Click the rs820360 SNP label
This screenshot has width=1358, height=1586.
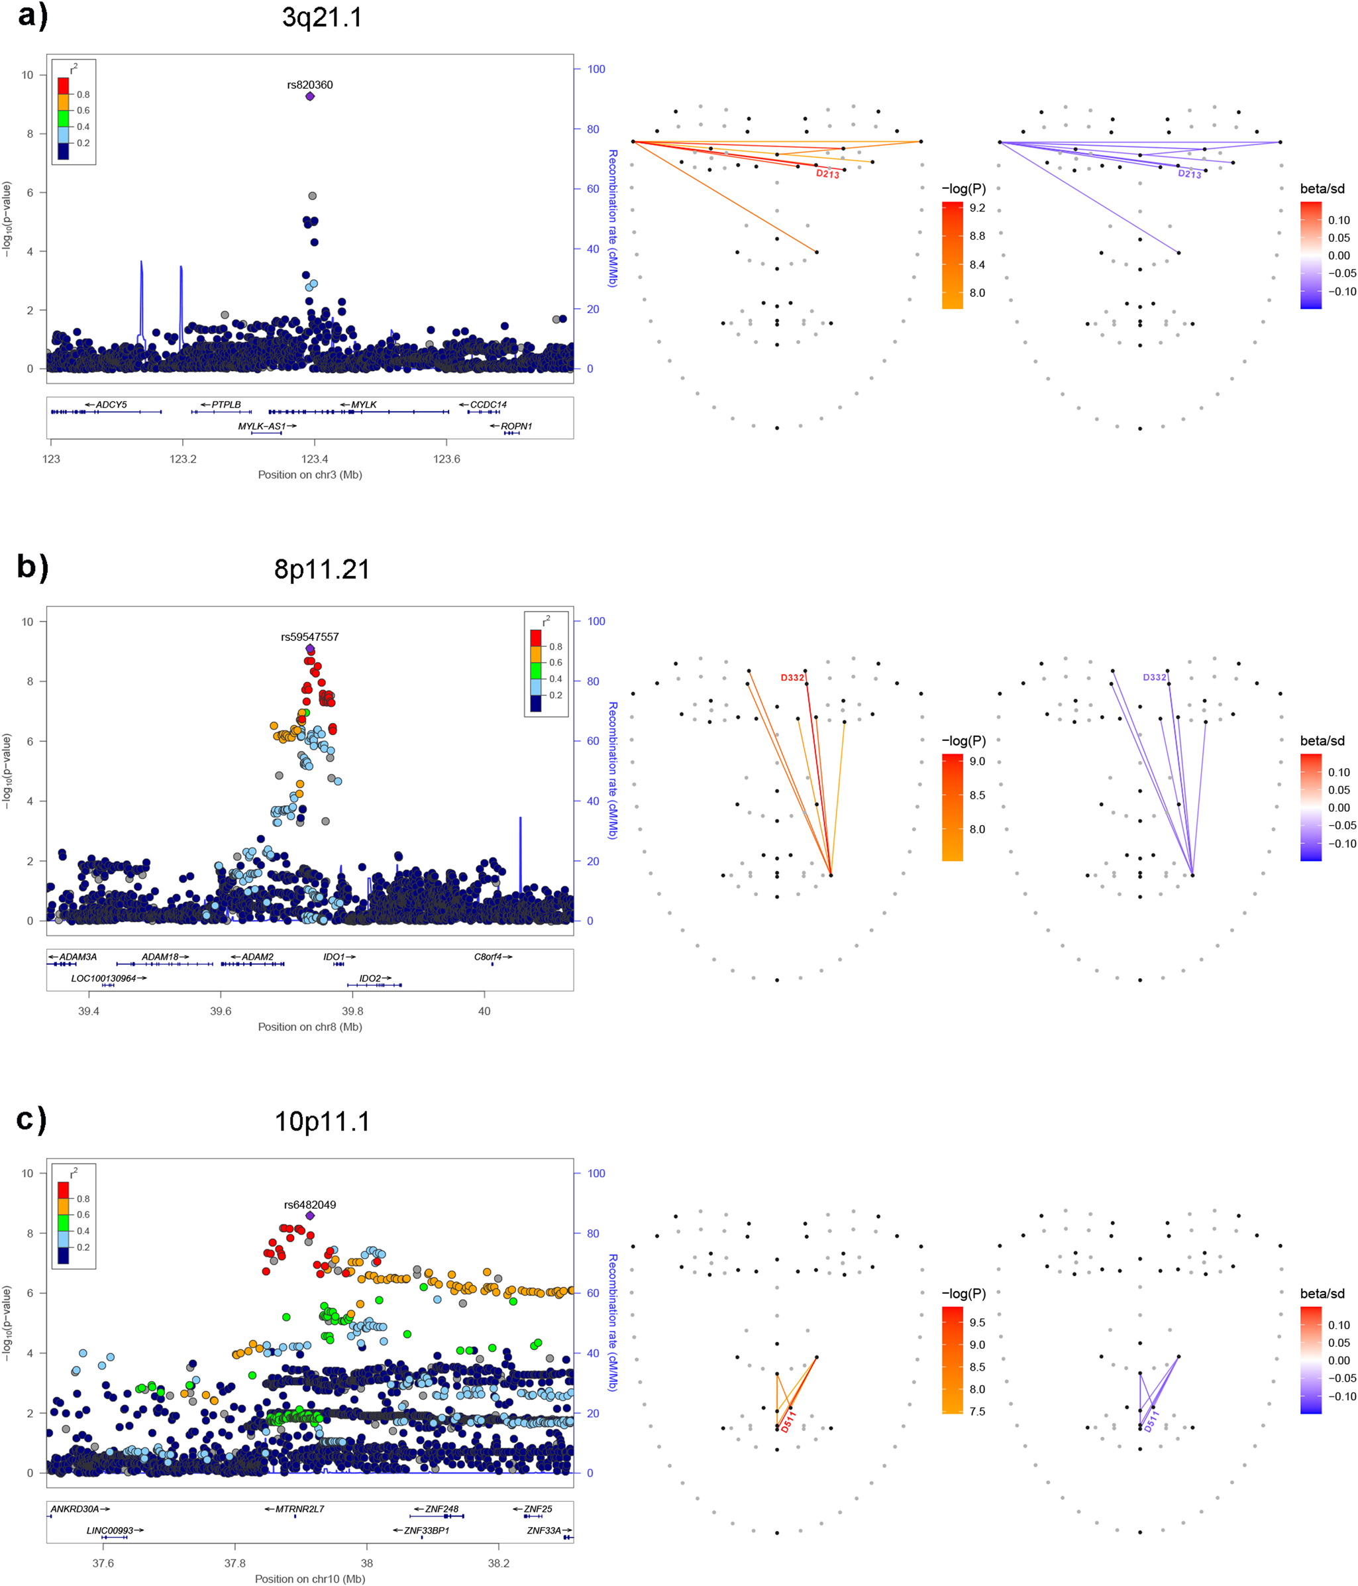(x=309, y=85)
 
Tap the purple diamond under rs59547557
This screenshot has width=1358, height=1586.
(x=310, y=649)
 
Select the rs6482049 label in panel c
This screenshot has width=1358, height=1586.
(x=310, y=1204)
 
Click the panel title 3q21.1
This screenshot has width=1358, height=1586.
(x=322, y=17)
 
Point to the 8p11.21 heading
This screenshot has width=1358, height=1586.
(x=322, y=569)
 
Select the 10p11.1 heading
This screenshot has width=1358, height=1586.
(x=322, y=1121)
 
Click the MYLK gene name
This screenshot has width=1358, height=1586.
(x=364, y=404)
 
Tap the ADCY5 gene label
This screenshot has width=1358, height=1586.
(x=111, y=404)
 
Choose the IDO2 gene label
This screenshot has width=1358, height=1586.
(x=370, y=978)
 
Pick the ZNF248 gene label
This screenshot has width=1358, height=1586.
(x=441, y=1508)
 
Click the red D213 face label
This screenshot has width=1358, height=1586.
(x=827, y=174)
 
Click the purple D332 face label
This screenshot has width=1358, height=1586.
(x=1155, y=677)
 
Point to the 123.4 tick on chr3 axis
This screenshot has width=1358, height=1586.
(x=314, y=459)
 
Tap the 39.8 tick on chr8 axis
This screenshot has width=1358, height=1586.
(x=352, y=1011)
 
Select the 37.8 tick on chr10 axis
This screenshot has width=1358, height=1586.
(x=235, y=1563)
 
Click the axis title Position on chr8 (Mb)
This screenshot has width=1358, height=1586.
(x=310, y=1027)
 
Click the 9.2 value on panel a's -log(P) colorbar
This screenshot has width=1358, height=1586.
(x=977, y=208)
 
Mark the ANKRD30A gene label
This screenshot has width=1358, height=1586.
(x=75, y=1508)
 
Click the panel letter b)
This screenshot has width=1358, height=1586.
(x=32, y=567)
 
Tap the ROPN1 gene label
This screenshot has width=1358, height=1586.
(x=515, y=426)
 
